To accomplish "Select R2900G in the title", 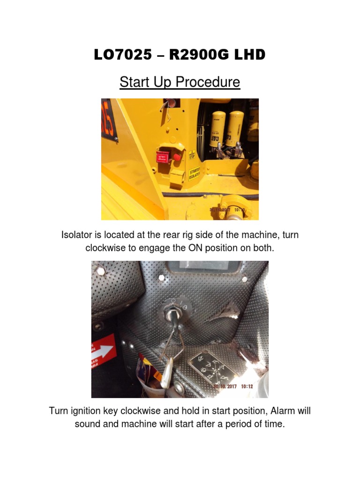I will [x=195, y=55].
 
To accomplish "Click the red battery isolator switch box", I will [x=162, y=157].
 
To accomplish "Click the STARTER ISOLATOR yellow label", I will [x=194, y=174].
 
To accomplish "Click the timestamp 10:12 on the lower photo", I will [x=248, y=387].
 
